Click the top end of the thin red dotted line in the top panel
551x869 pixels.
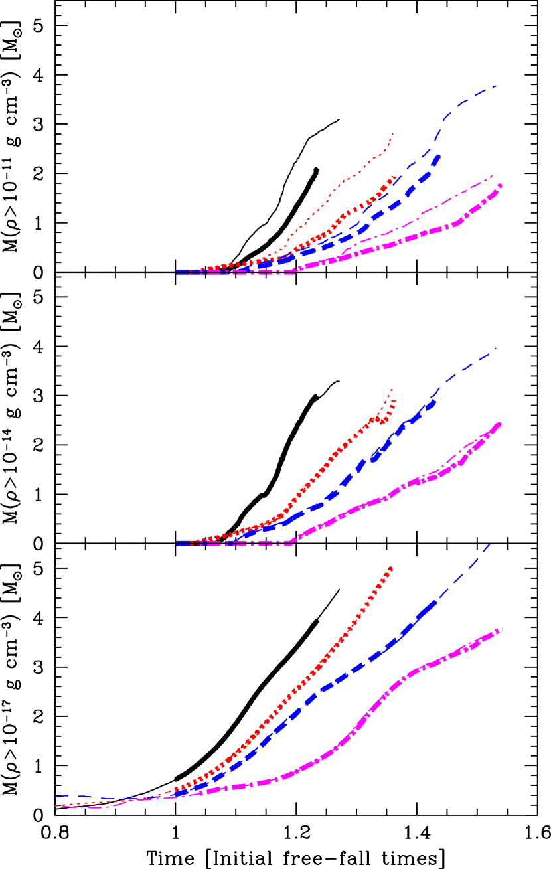coord(394,133)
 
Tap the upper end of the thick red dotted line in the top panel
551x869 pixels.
coord(396,177)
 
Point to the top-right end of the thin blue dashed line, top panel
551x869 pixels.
coord(496,86)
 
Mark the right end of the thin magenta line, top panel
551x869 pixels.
coord(493,176)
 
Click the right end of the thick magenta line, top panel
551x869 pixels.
coord(500,186)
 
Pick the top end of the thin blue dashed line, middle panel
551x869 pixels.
coord(495,349)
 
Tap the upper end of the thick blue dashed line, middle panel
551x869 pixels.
coord(435,400)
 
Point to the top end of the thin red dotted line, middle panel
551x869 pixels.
coord(393,389)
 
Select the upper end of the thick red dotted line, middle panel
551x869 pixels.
coord(395,400)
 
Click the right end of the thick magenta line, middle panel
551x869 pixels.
coord(499,424)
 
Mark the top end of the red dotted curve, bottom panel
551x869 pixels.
coord(392,568)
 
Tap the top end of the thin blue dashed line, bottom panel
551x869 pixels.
coord(490,544)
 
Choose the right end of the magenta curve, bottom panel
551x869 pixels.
coord(501,628)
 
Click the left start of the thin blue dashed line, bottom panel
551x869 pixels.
coord(56,796)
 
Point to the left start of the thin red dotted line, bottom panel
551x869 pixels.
coord(56,806)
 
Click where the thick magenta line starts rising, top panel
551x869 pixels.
coord(294,271)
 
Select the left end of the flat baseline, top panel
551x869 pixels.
coord(56,272)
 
